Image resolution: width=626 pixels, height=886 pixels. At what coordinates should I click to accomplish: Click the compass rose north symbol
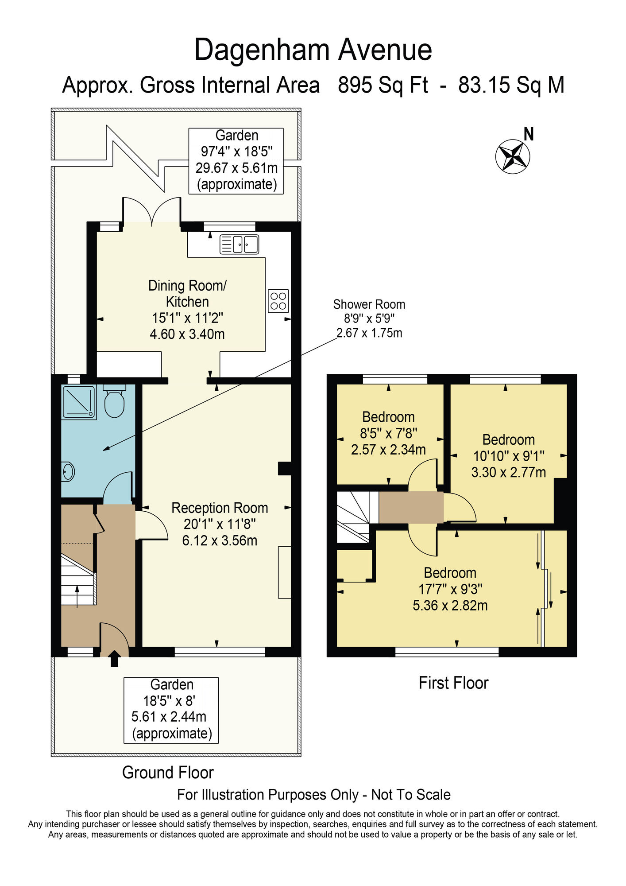513,156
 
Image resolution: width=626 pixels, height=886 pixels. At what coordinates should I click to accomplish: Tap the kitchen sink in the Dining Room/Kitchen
239,244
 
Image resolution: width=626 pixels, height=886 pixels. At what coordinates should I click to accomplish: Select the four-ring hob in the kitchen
278,301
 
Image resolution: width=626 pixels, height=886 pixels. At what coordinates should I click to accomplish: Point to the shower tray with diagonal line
79,402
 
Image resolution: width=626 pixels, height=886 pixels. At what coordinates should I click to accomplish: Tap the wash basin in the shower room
68,471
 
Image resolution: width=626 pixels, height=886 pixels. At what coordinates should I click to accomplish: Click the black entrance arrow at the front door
114,658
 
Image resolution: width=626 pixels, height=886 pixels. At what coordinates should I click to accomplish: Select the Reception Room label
220,508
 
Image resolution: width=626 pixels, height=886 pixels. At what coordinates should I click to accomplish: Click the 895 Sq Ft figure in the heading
383,85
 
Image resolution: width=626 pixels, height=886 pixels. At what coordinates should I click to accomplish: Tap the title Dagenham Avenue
313,50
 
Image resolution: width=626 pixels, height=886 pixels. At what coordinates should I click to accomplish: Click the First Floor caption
453,683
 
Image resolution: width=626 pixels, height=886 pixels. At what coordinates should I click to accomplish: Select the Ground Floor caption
168,772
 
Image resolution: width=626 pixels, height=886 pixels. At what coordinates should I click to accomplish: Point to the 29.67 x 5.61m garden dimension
236,168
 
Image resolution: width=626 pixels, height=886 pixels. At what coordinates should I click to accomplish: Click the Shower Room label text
369,304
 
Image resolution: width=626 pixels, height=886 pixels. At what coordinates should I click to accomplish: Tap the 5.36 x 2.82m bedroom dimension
450,605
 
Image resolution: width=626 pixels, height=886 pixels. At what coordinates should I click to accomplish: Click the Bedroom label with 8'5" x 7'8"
388,417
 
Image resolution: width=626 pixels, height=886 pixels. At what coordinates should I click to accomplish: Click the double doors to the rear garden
151,212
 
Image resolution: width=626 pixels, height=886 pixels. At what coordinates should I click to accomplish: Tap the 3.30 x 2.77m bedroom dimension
508,472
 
